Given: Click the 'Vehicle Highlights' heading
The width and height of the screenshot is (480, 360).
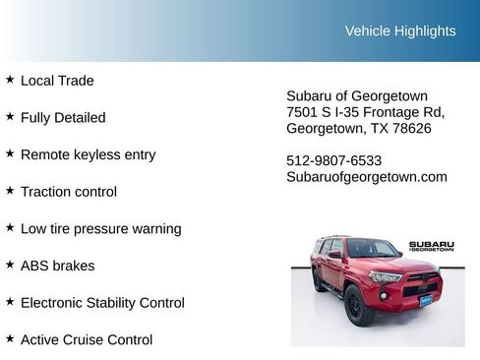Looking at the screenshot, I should point(400,30).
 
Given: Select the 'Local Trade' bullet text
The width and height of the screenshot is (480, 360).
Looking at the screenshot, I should point(57,81).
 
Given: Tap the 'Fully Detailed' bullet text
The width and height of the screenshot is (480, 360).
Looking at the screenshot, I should point(63,117).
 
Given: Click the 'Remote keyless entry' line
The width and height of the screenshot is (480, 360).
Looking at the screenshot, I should point(88,154).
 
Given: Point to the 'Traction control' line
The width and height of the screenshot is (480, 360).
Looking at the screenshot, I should point(69,192).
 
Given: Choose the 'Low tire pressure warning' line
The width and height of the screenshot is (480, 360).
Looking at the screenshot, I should point(100,228).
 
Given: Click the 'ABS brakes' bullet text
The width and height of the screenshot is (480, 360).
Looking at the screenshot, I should point(58,266).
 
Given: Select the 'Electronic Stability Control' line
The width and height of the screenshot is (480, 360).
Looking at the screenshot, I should point(102,303).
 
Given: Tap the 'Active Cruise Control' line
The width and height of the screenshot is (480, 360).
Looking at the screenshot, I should point(87,339).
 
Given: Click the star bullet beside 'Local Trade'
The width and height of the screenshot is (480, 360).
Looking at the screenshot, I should point(10,80).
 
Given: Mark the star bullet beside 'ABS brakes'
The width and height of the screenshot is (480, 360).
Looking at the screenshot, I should point(10,265).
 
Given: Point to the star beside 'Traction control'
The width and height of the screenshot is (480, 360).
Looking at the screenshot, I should point(10,191).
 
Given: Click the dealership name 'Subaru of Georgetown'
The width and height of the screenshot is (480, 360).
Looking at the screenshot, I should point(357,95).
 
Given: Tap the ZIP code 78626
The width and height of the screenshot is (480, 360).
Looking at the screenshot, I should point(411,128).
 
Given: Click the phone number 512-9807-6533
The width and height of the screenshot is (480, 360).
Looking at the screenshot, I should point(334,160).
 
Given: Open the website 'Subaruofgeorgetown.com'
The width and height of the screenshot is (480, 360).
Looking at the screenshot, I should point(367,177).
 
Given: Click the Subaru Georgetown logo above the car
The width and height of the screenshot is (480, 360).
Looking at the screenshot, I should point(432,246).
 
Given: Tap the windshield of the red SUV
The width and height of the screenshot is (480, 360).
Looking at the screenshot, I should point(371,250).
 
